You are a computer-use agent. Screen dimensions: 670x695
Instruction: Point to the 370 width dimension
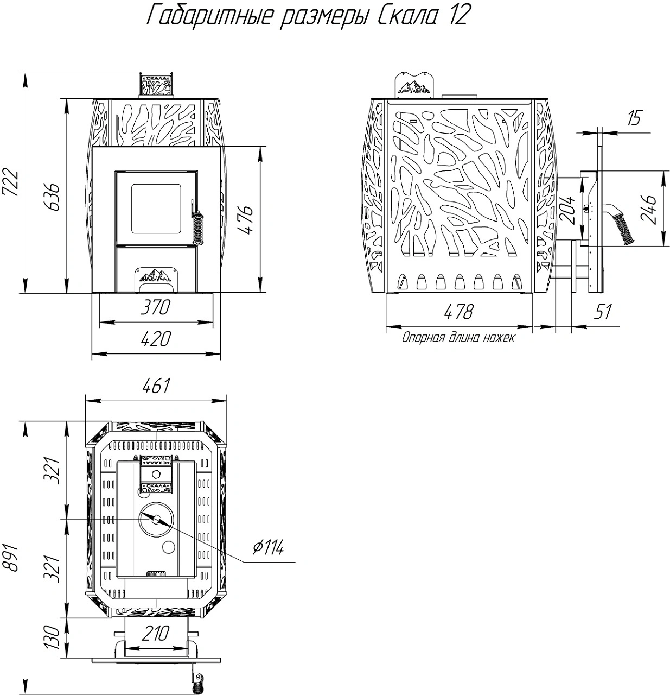tap(156, 307)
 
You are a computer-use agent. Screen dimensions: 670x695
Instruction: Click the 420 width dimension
tap(156, 339)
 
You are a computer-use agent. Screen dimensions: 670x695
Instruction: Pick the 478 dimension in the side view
tap(459, 312)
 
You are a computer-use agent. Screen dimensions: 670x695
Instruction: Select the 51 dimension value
tap(602, 312)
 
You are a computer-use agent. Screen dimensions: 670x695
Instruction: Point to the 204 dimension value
tap(567, 210)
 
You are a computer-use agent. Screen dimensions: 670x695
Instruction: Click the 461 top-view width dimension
tap(156, 386)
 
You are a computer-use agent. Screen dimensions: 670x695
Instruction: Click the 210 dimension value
tap(156, 634)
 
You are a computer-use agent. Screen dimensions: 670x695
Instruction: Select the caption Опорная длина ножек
tap(458, 337)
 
